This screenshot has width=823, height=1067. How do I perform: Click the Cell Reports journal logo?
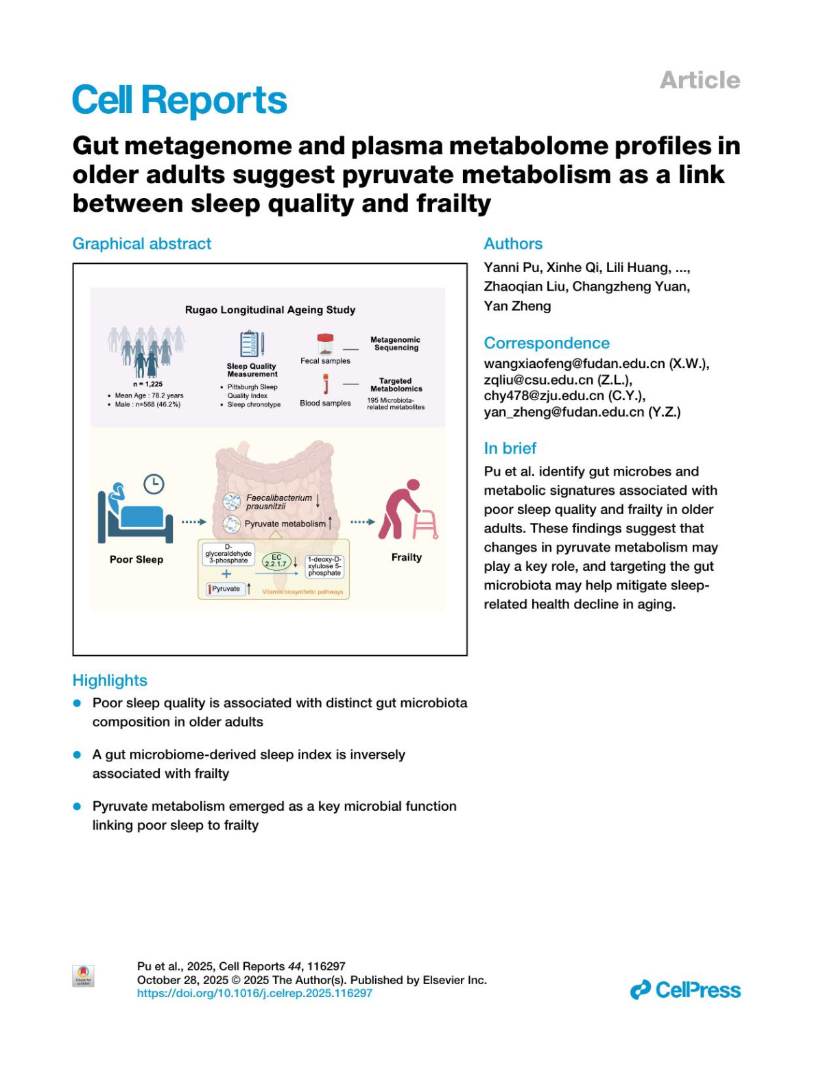point(179,100)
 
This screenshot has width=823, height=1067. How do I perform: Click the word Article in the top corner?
point(700,80)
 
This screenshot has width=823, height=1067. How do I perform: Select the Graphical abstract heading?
point(142,243)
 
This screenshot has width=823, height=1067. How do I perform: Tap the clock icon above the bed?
point(154,484)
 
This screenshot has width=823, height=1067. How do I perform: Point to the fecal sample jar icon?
point(325,344)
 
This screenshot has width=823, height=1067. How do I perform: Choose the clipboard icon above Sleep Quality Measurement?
point(252,344)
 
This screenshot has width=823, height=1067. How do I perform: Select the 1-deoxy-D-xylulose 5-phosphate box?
point(324,566)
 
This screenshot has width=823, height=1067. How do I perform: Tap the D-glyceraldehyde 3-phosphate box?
point(228,554)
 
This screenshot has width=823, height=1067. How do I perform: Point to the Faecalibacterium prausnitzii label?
point(278,502)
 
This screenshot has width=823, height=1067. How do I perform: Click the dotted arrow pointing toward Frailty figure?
point(363,522)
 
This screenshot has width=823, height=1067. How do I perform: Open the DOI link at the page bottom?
point(254,993)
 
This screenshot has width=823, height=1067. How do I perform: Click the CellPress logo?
point(685,990)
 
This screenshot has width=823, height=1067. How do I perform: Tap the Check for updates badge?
point(83,975)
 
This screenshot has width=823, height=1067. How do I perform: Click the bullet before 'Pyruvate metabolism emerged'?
point(77,807)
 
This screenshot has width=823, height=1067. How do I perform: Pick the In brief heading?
point(510,448)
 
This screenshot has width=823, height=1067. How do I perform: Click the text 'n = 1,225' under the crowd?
point(147,384)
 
